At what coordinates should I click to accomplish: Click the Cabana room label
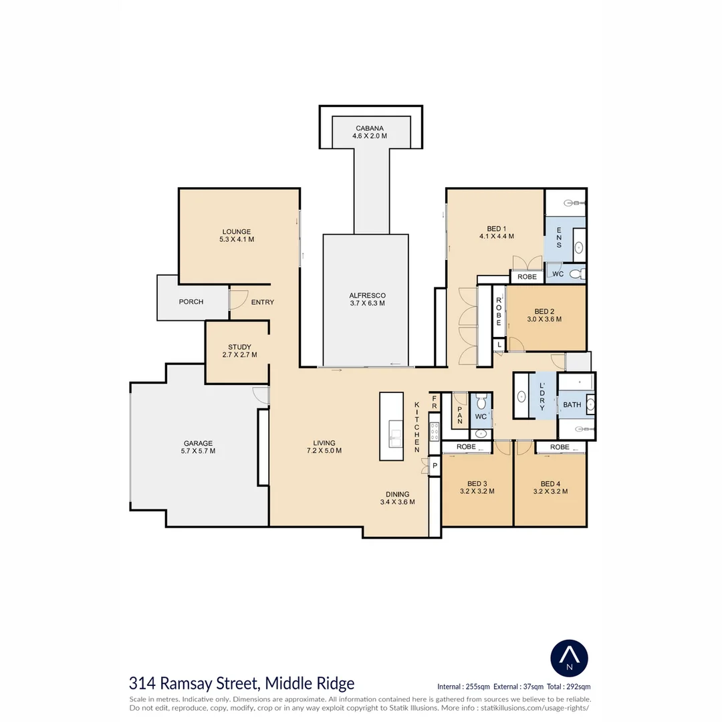coord(369,128)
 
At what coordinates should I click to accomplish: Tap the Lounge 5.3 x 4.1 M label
coord(237,235)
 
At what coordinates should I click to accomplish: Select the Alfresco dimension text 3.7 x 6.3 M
coord(367,303)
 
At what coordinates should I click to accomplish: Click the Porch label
coord(191,302)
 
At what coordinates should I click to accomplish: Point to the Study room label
coord(239,347)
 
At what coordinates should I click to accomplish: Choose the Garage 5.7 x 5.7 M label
coord(198,447)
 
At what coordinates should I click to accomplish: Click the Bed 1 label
coord(496,229)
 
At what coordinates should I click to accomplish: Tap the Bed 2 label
coord(544,312)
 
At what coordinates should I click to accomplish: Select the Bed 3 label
coord(477,483)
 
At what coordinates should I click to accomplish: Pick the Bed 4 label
coord(550,483)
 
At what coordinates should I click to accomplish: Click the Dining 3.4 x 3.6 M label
coord(397,498)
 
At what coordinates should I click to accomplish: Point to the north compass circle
coord(569,658)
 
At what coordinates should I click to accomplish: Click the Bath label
coord(572,404)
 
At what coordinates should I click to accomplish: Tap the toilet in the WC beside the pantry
coord(481,402)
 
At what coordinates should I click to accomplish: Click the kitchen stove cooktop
coord(435,433)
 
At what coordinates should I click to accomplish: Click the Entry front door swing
coord(239,299)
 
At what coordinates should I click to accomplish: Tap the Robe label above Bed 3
coord(466,447)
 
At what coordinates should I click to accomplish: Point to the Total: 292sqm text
coord(569,687)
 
